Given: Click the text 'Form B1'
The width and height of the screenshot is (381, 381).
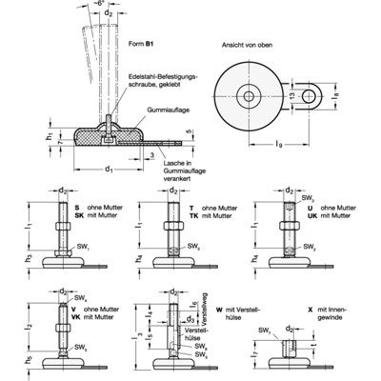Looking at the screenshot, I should pos(139,43).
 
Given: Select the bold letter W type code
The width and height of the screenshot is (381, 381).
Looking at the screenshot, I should pos(217,308).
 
